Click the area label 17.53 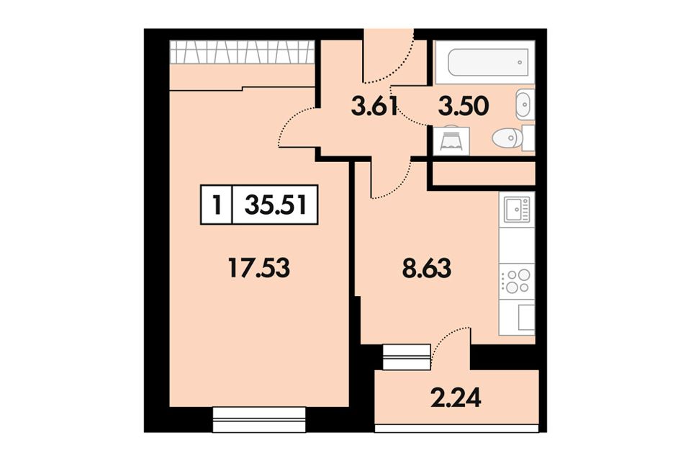click(259, 268)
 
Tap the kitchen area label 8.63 click(427, 268)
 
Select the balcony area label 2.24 click(456, 398)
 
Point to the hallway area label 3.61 click(374, 107)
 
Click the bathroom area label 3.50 click(464, 107)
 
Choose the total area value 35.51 click(275, 205)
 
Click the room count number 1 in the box click(217, 205)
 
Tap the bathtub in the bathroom click(488, 62)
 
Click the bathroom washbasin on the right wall click(525, 104)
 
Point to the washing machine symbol click(451, 140)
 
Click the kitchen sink click(517, 209)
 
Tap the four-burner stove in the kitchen click(517, 281)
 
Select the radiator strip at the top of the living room click(242, 52)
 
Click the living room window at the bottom click(259, 419)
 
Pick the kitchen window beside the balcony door click(406, 357)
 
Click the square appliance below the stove click(526, 317)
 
